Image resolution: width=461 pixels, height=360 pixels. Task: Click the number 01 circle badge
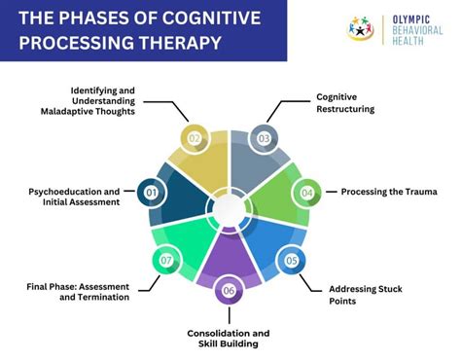[x=152, y=193]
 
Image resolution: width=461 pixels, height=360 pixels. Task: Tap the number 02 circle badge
[x=195, y=139]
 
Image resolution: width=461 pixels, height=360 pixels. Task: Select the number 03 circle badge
[x=263, y=139]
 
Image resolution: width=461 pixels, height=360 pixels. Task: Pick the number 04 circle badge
[x=306, y=193]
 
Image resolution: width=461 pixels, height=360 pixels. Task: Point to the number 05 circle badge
[x=291, y=260]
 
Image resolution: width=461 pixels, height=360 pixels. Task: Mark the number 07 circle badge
[x=166, y=260]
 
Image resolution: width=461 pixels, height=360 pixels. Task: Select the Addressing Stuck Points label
[x=367, y=296]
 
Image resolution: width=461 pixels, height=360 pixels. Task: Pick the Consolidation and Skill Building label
[x=230, y=339]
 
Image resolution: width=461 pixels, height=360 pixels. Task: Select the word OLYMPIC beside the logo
[x=419, y=17]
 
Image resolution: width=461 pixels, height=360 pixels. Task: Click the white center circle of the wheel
[x=229, y=207]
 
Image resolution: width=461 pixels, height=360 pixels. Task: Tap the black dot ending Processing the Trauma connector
[x=334, y=192]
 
